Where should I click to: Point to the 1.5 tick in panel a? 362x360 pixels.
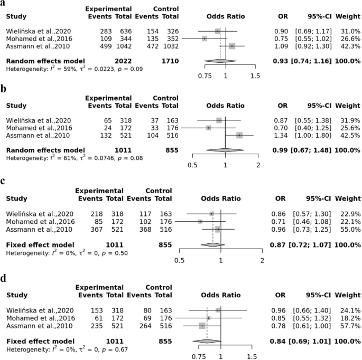click(x=256, y=75)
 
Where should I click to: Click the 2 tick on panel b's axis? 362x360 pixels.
click(x=258, y=164)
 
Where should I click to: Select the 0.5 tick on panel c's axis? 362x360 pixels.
click(x=180, y=260)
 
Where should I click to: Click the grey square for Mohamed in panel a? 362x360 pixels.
click(x=205, y=39)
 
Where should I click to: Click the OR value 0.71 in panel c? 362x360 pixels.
click(x=289, y=222)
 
